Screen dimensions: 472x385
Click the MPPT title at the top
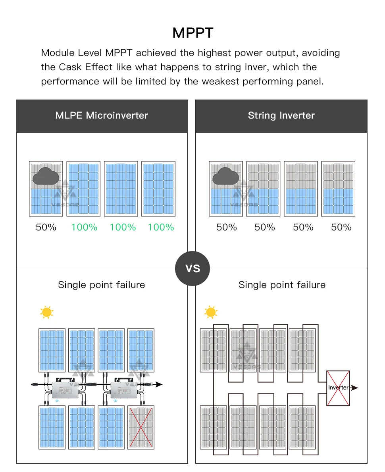[192, 33]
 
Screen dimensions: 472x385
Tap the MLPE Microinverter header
[102, 116]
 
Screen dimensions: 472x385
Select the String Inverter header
[281, 116]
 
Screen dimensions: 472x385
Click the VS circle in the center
[192, 269]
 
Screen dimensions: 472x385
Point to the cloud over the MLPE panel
[46, 177]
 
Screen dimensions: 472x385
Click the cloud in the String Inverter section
[225, 177]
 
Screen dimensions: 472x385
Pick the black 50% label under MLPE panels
[46, 227]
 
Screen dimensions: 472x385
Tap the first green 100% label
[84, 227]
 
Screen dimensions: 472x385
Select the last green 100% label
[161, 227]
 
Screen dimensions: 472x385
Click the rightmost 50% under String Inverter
[341, 227]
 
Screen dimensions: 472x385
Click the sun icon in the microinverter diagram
[47, 313]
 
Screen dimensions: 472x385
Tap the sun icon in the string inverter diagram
[210, 312]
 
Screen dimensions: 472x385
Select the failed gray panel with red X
[141, 427]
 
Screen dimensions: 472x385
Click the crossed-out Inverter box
[338, 388]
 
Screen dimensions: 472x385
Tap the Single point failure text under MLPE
[102, 285]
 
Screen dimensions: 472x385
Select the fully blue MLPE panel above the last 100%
[158, 189]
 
